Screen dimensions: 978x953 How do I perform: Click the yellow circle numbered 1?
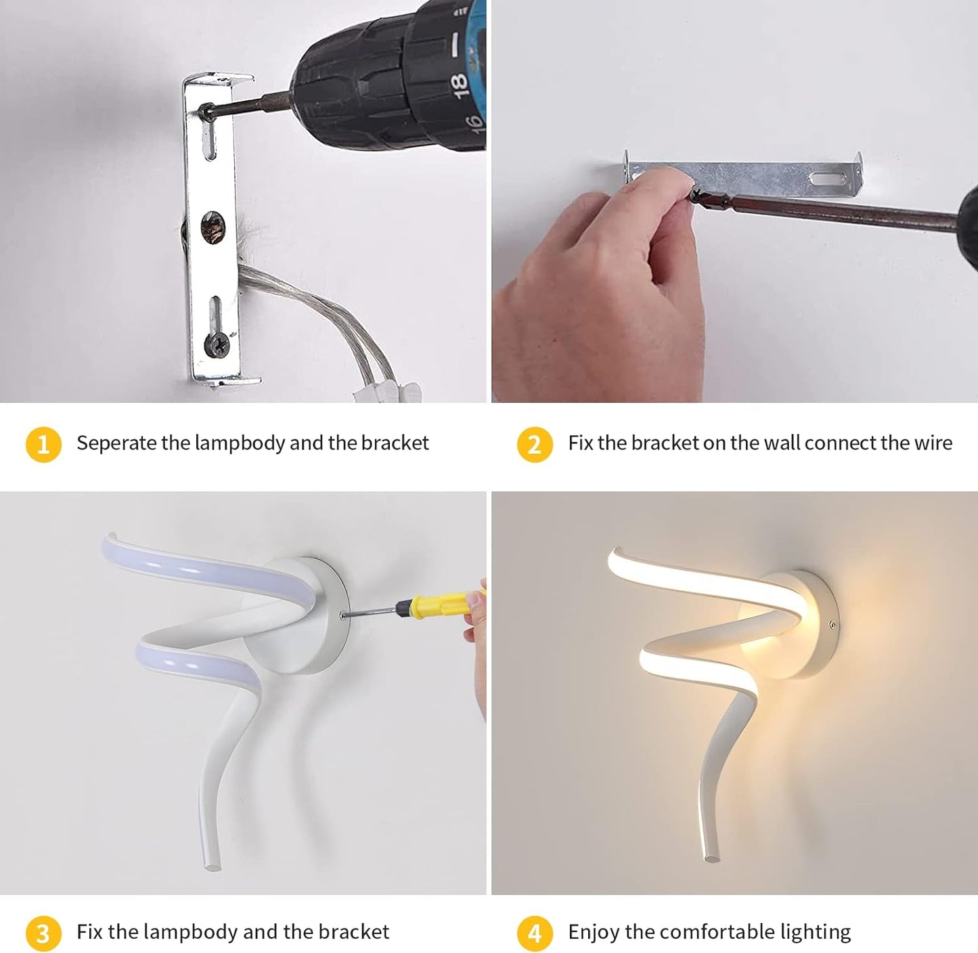pyautogui.click(x=43, y=444)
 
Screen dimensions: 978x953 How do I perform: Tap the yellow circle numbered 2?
pyautogui.click(x=535, y=444)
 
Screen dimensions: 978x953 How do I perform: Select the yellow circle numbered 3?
pyautogui.click(x=43, y=933)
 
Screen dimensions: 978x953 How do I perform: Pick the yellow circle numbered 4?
pyautogui.click(x=535, y=933)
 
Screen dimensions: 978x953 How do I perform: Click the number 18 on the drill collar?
pyautogui.click(x=459, y=85)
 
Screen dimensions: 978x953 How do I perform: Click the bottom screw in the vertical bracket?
pyautogui.click(x=217, y=344)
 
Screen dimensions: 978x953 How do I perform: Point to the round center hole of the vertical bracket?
pyautogui.click(x=213, y=227)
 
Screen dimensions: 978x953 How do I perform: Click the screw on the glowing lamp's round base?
pyautogui.click(x=832, y=625)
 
